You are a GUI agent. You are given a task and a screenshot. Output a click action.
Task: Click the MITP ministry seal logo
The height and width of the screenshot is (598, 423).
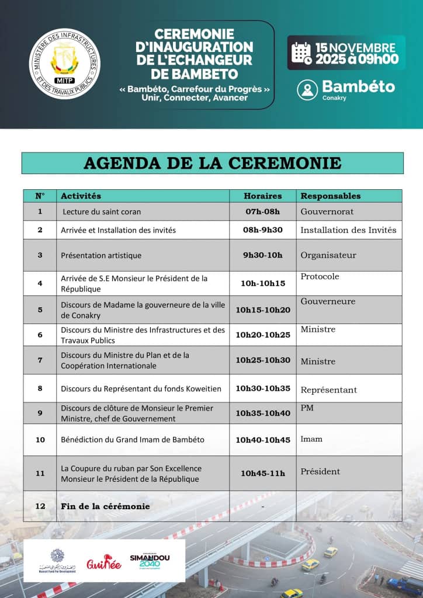[64, 64]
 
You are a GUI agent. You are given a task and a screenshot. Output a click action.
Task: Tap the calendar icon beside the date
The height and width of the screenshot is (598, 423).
[301, 53]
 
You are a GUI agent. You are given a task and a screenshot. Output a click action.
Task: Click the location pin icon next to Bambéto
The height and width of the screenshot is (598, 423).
[307, 89]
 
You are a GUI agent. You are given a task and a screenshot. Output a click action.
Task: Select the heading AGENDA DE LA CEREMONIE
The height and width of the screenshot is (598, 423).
[212, 163]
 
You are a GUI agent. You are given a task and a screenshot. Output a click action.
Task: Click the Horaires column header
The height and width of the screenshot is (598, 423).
[262, 196]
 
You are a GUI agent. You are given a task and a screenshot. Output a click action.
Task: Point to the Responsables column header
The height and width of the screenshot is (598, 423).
[331, 196]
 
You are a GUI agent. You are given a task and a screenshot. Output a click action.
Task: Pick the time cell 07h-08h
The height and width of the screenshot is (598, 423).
[262, 211]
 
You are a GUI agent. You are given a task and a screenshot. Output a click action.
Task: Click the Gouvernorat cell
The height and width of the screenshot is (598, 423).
[327, 211]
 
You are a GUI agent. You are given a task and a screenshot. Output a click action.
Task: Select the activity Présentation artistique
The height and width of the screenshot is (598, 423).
[101, 255]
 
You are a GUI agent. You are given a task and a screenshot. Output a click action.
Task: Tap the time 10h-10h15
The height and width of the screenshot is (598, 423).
[263, 283]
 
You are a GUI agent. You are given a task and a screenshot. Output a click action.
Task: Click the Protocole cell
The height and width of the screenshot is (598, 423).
[320, 276]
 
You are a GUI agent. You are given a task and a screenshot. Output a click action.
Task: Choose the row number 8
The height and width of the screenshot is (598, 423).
[40, 388]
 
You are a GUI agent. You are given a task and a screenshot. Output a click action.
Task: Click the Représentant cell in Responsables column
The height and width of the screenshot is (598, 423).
[328, 390]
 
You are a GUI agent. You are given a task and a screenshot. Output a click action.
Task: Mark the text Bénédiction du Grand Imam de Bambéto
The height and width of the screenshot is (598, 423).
[133, 440]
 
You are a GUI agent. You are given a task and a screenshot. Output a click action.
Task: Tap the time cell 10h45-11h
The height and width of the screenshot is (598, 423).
[263, 473]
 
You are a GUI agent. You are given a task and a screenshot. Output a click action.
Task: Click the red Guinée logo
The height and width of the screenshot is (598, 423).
[103, 564]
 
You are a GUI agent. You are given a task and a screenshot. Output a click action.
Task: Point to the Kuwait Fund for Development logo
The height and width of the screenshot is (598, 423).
[57, 561]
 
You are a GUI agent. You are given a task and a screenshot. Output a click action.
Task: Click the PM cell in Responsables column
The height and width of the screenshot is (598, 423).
[307, 408]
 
